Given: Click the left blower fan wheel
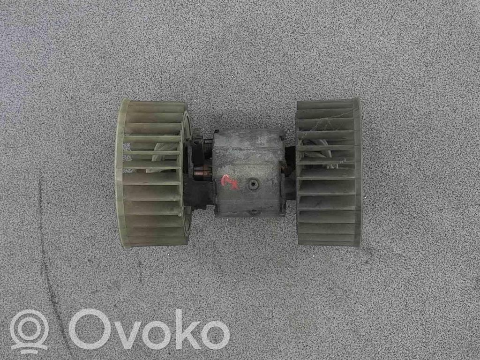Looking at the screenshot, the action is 153,173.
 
